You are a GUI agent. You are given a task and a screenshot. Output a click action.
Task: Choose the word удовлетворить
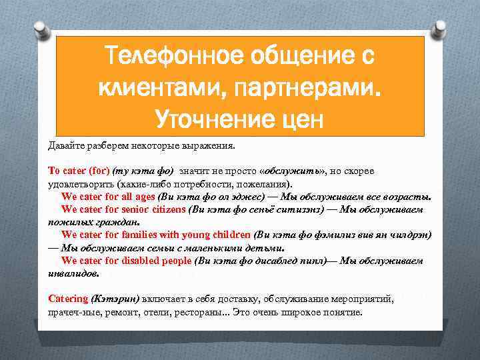click(x=80, y=183)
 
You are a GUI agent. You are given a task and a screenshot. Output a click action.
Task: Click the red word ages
click(x=143, y=197)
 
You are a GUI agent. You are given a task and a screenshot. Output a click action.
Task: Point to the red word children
click(x=231, y=235)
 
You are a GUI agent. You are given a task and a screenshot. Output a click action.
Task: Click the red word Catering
click(x=68, y=299)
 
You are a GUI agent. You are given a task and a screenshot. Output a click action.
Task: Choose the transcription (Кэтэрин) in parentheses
click(x=115, y=299)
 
